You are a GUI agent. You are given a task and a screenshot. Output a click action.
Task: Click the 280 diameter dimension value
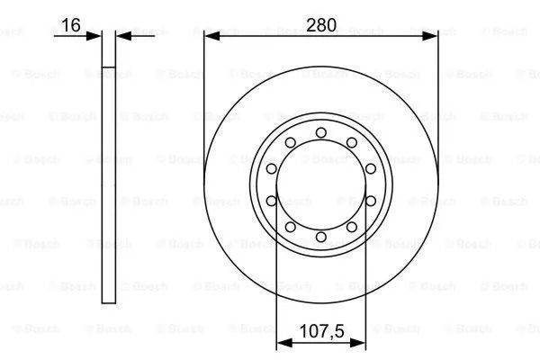(321, 25)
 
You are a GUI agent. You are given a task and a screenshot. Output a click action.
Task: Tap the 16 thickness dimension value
(70, 25)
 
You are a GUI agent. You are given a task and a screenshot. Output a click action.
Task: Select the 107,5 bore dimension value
(321, 331)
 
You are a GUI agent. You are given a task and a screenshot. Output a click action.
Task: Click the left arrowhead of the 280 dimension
(211, 35)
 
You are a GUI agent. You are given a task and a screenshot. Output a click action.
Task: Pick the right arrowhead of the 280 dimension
(430, 35)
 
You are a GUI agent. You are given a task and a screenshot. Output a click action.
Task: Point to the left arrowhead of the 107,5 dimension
(284, 343)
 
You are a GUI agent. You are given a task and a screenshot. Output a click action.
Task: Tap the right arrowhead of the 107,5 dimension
(358, 343)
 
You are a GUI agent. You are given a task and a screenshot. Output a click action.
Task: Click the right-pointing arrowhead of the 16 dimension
(94, 35)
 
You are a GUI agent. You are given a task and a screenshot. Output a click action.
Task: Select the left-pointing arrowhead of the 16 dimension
(123, 35)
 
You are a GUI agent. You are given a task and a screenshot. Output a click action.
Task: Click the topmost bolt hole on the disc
(321, 132)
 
